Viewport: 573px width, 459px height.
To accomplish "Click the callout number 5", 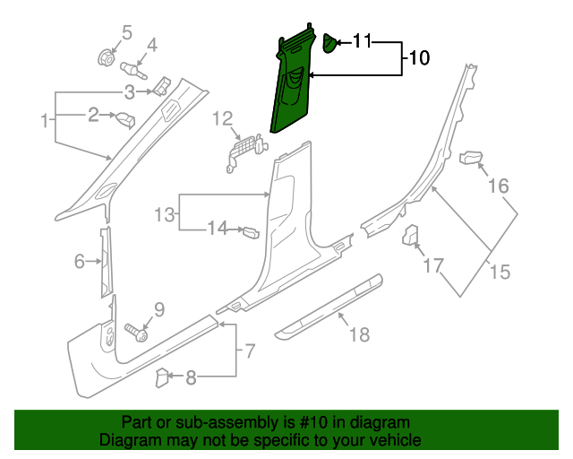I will pos(126,33).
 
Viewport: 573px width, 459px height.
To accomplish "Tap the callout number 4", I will pos(151,45).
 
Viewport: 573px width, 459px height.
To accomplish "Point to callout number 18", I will pos(358,335).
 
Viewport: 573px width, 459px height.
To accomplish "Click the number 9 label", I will pos(159,310).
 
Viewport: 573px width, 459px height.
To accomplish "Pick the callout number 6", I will pos(79,261).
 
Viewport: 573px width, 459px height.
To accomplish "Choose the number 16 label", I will pos(498,186).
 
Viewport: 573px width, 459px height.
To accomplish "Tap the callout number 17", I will pos(433,265).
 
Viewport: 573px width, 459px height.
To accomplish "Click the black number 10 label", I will pos(419,58).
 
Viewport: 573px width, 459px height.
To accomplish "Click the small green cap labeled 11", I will pos(329,42).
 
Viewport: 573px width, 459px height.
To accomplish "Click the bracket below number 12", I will pos(242,149).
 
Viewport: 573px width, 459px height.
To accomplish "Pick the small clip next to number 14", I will pos(250,233).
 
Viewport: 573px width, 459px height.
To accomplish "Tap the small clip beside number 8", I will pos(163,377).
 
